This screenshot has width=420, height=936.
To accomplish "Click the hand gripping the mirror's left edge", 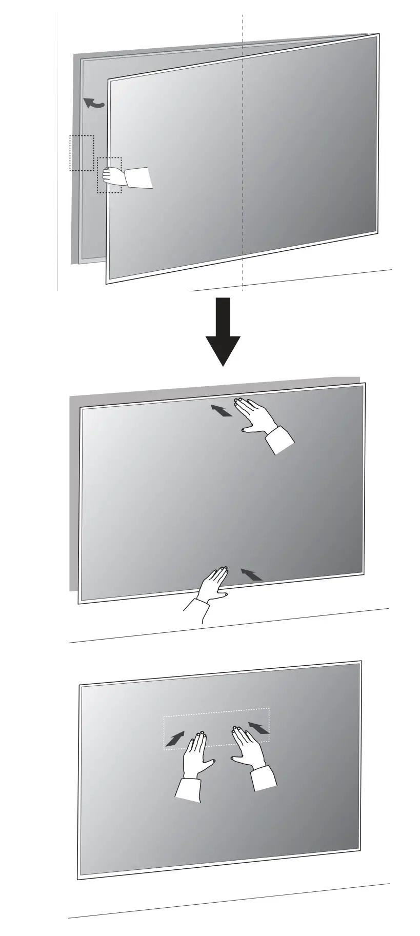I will [x=113, y=176].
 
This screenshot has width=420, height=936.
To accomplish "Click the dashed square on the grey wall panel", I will [x=82, y=153].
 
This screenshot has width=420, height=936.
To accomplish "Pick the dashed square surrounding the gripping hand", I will [x=109, y=175].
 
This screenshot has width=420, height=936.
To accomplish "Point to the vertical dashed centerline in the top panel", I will [x=243, y=154].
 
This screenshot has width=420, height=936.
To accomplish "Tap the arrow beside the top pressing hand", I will [x=221, y=410].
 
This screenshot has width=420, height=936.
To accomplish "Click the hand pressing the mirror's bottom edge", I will [x=213, y=585].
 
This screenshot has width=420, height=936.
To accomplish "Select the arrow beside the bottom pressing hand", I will [x=251, y=574].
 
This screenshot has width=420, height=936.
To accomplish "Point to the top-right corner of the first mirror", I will [x=378, y=35].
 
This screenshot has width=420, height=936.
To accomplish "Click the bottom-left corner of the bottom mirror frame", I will [x=78, y=879].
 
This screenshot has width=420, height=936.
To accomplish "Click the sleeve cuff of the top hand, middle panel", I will [x=280, y=440].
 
